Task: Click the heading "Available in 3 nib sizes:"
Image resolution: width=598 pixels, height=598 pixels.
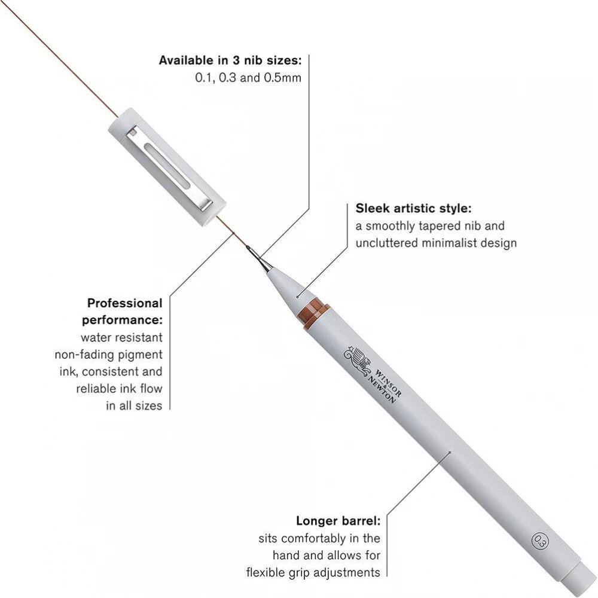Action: pos(230,60)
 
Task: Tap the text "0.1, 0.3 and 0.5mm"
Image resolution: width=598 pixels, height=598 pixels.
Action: pos(248,78)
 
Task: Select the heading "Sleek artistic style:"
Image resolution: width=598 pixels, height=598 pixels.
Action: pos(413,208)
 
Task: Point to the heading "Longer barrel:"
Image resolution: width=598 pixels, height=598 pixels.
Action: pos(338,521)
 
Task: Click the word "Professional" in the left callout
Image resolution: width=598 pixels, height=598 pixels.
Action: pos(125,303)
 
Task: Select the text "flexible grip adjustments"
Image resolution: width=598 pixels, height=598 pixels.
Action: pos(313,572)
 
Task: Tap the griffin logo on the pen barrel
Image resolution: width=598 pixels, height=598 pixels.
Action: pos(358,361)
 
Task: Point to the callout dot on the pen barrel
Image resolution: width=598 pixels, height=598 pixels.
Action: pos(450,452)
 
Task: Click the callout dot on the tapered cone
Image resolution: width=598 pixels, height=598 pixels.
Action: pos(297,297)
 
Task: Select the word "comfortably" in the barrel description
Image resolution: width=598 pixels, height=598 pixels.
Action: pos(314,539)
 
